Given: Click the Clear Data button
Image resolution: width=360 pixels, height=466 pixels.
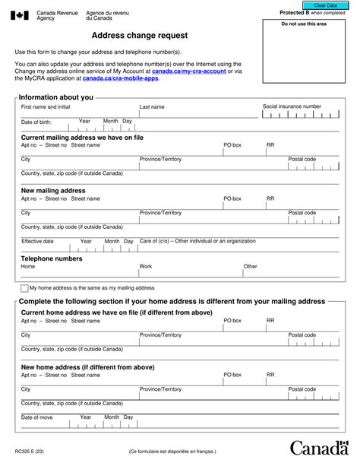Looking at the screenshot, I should pyautogui.click(x=325, y=5).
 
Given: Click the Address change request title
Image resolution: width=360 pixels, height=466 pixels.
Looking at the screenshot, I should pyautogui.click(x=140, y=36).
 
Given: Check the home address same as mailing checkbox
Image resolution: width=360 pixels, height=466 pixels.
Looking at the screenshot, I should pyautogui.click(x=24, y=289).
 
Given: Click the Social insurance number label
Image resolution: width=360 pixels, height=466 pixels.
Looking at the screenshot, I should pyautogui.click(x=292, y=106).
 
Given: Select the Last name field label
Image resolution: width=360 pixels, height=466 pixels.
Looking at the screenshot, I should pyautogui.click(x=152, y=107).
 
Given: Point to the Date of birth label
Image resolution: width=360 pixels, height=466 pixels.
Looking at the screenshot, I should pyautogui.click(x=36, y=122).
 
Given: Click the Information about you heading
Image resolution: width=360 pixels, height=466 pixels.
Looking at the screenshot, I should pyautogui.click(x=56, y=97).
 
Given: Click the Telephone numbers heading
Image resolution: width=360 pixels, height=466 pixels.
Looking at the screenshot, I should pyautogui.click(x=52, y=258).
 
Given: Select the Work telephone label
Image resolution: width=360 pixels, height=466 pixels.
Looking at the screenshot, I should pyautogui.click(x=146, y=267).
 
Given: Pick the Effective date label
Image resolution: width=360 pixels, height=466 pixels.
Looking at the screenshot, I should pyautogui.click(x=37, y=242).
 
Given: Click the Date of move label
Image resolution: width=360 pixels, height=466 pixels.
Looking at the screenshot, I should pyautogui.click(x=36, y=417).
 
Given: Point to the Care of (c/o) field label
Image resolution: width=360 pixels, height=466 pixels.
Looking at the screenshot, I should pyautogui.click(x=197, y=241).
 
